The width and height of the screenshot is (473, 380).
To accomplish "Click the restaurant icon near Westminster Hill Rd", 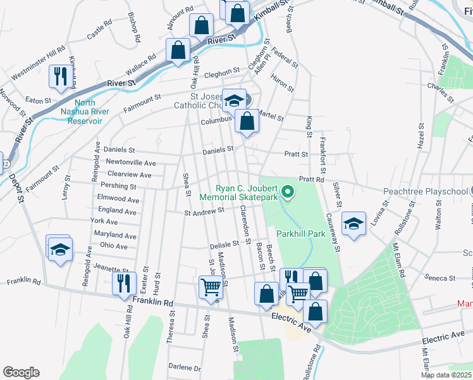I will tap(59, 76).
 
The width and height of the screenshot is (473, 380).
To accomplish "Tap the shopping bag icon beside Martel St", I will tap(247, 120).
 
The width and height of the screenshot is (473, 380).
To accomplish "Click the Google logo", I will tap(21, 372).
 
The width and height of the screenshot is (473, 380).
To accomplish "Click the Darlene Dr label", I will tap(184, 367).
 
